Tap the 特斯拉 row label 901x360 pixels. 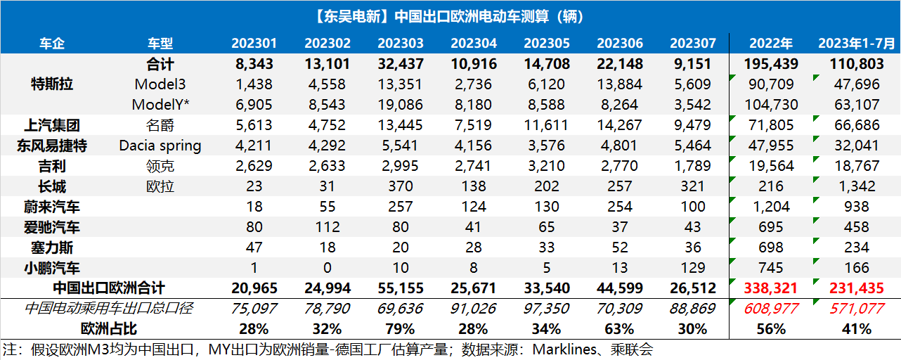pos(53,84)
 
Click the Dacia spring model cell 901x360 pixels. pos(160,146)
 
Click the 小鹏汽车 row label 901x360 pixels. pos(53,268)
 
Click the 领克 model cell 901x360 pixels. pos(160,167)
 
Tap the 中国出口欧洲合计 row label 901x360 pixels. pos(109,288)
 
